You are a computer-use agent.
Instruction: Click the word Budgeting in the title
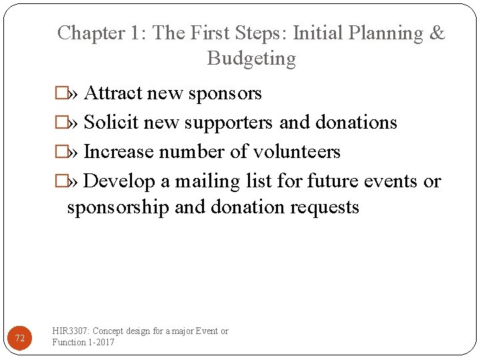251,59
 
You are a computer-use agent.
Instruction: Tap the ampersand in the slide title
437,33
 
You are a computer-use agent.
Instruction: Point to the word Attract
111,93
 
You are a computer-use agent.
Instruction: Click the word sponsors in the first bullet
225,93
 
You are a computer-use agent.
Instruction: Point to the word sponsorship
118,207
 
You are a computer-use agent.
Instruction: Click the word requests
325,207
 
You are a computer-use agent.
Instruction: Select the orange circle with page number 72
20,339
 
